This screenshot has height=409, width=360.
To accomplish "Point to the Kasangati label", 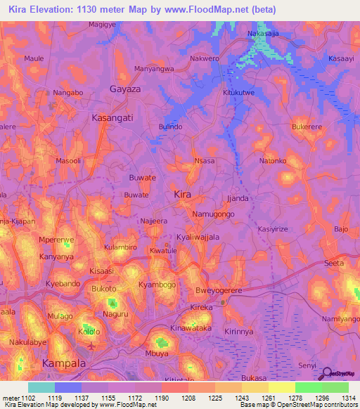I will [x=112, y=119].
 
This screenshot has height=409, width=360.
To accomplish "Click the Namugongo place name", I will [x=213, y=212].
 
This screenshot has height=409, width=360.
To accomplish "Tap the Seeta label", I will [x=333, y=263].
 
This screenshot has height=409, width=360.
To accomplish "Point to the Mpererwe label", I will [x=56, y=240].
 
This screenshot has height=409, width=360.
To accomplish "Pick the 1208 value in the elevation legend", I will [x=188, y=397].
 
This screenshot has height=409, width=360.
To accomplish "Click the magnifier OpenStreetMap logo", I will [x=326, y=373].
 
